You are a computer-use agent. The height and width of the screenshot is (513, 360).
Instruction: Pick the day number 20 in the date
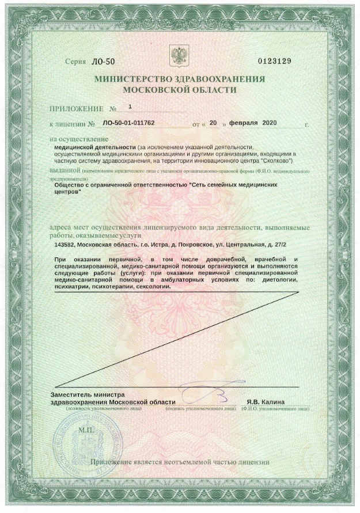(x=213, y=123)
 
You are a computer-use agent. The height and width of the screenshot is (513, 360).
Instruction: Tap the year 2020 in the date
(x=271, y=123)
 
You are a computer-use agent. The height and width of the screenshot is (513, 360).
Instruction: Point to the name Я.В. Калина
(x=265, y=402)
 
